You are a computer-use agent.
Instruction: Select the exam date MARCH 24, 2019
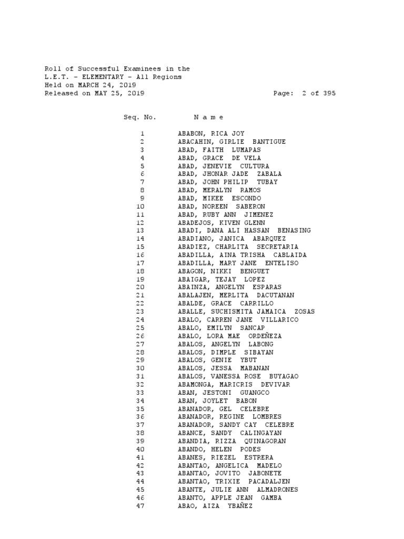107,85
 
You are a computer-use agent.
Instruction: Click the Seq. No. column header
139,117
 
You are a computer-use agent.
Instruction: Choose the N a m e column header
209,117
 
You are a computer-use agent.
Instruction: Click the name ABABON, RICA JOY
211,134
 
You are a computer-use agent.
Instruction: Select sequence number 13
140,231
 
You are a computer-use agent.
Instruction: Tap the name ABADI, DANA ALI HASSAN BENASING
244,231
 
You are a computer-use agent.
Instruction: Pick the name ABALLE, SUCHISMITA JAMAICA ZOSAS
246,312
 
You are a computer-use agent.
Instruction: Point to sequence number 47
140,506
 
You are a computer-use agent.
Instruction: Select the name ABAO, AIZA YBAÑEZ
215,506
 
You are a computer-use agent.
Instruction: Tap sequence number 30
140,368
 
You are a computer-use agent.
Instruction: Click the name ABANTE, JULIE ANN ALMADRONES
238,490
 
